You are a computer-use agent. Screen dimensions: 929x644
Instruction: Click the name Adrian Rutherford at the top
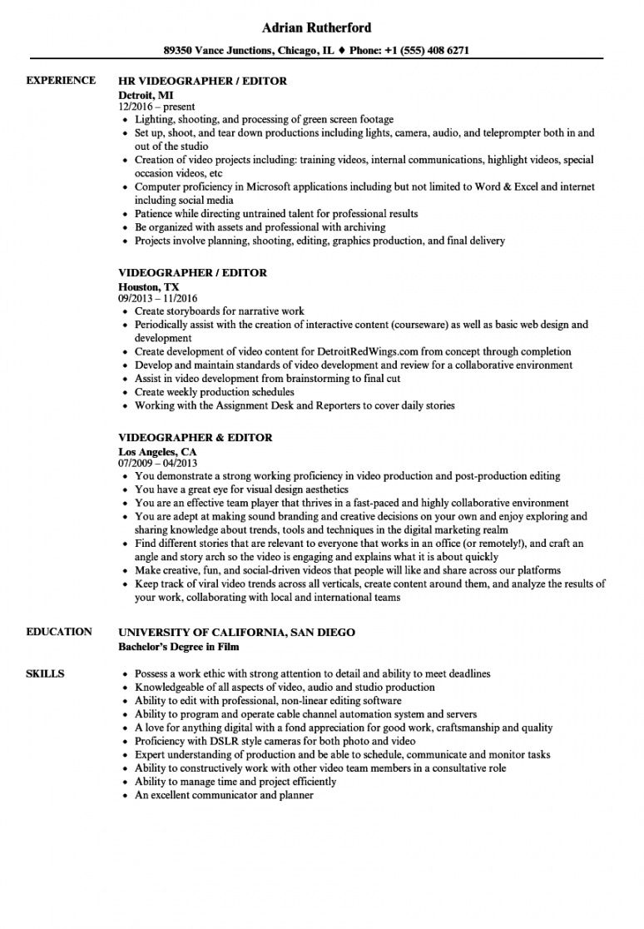[x=322, y=27]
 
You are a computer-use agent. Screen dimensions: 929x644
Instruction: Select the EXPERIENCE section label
[x=61, y=81]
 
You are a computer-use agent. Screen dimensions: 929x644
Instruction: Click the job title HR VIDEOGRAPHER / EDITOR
[x=203, y=82]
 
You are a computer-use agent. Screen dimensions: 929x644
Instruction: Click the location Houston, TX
[x=147, y=286]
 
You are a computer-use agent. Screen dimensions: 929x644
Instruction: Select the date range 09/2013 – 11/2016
[x=158, y=298]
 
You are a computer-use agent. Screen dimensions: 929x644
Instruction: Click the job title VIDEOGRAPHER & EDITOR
[x=196, y=438]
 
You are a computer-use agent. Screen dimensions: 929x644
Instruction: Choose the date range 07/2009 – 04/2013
[x=158, y=464]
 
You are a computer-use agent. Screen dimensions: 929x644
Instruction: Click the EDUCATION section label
[x=59, y=632]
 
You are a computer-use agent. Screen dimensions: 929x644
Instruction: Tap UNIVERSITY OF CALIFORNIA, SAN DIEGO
[x=237, y=633]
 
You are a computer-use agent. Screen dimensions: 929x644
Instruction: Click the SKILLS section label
[x=45, y=673]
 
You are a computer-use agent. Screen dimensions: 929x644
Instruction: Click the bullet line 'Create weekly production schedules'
[x=215, y=392]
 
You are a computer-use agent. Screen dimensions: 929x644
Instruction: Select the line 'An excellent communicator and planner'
[x=224, y=795]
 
